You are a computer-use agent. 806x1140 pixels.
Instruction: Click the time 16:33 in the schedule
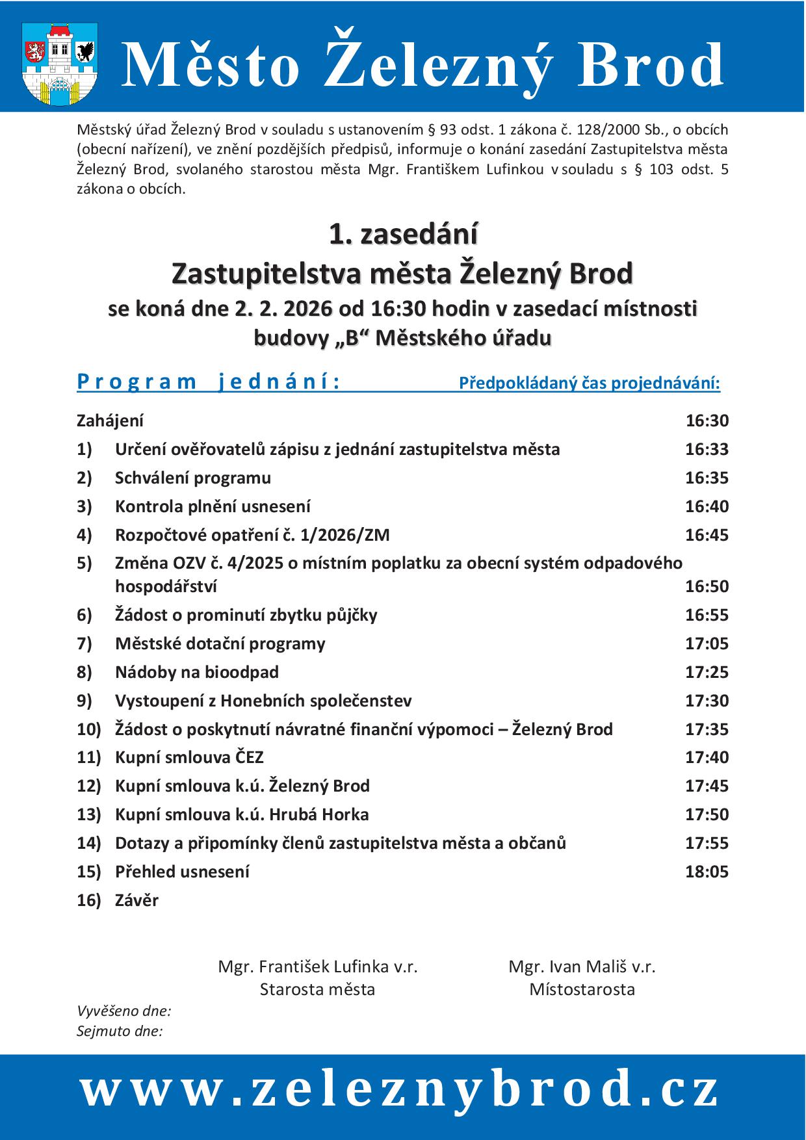point(707,449)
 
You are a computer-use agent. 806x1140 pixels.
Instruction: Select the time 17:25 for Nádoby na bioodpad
point(707,672)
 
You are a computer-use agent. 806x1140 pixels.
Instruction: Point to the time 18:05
point(707,872)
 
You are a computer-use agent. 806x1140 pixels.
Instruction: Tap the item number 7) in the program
point(84,643)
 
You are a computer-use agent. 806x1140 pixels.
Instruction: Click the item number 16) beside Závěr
point(88,900)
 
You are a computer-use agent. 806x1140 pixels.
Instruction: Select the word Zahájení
point(110,421)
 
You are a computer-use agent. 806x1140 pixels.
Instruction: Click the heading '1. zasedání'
point(403,235)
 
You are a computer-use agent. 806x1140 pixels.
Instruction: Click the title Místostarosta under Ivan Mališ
point(582,989)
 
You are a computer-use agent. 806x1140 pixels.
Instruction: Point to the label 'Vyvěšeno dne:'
point(123,1011)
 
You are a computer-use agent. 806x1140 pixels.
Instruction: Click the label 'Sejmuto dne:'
point(120,1031)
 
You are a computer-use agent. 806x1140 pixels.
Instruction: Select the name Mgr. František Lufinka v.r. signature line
point(318,966)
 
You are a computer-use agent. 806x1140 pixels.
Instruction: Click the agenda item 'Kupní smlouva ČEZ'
point(189,757)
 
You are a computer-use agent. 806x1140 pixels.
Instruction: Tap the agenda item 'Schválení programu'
point(193,478)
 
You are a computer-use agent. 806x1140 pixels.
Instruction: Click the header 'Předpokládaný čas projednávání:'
point(590,383)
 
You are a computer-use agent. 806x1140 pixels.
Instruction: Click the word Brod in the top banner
point(651,66)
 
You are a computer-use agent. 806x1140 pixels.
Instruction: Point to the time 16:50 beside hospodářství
point(707,586)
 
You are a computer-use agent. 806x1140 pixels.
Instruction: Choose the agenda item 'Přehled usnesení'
point(182,872)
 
